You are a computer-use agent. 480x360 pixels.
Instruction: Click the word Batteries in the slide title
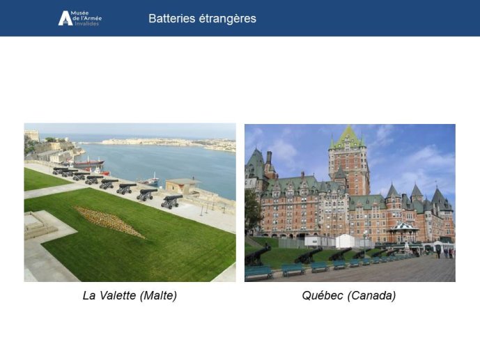point(172,18)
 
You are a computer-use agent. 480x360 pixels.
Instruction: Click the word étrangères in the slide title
point(227,18)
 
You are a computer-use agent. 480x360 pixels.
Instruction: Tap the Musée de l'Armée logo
point(80,18)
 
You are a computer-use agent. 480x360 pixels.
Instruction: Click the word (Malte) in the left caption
point(158,296)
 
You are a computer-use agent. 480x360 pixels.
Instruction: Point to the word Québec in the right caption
point(323,295)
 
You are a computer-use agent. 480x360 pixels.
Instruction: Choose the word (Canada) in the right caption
point(371,296)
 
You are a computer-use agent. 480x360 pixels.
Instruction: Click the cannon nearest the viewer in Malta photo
point(172,201)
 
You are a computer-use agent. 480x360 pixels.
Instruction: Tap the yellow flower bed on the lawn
point(108,221)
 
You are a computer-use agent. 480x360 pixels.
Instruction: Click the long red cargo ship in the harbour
point(88,162)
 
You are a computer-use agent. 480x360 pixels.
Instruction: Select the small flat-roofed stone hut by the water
point(181,186)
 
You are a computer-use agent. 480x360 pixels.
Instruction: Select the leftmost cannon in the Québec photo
point(258,255)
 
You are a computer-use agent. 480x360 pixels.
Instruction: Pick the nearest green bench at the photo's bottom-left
point(258,273)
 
